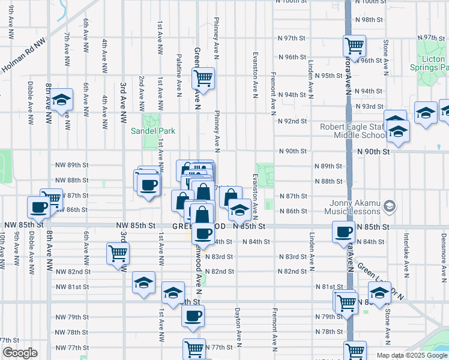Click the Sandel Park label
pos(154,131)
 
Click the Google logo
pos(20,353)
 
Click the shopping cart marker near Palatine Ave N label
pos(203,77)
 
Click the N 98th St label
pos(369,20)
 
